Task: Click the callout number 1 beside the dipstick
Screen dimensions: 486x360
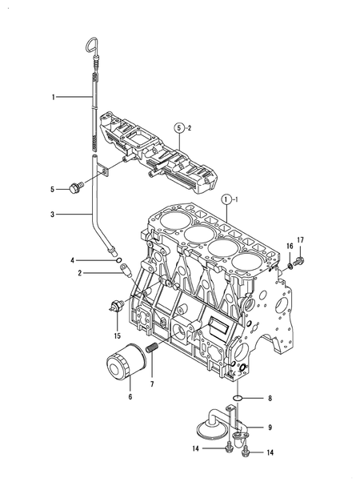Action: pyautogui.click(x=54, y=97)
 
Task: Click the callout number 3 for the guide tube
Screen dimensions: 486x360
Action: pyautogui.click(x=54, y=215)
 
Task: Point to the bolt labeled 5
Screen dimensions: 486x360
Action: pyautogui.click(x=77, y=189)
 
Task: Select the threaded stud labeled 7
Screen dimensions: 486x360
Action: pyautogui.click(x=152, y=351)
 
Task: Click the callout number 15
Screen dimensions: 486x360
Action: pyautogui.click(x=117, y=335)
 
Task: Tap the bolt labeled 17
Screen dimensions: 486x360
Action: pyautogui.click(x=298, y=261)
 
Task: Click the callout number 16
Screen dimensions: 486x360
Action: pyautogui.click(x=290, y=247)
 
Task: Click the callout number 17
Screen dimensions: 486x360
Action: pyautogui.click(x=301, y=239)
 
